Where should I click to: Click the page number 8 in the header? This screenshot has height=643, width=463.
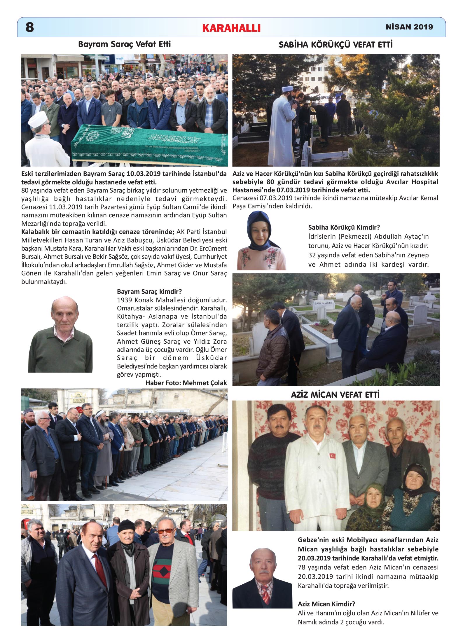click(30, 27)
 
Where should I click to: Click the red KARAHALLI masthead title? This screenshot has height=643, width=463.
click(231, 28)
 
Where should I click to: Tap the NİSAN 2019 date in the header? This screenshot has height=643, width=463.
click(409, 27)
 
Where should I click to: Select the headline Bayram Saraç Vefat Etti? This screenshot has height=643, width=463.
click(124, 44)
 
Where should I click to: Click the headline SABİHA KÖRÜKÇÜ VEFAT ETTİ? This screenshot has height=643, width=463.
click(336, 45)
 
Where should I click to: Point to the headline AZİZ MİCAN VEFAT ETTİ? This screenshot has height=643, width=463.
click(335, 395)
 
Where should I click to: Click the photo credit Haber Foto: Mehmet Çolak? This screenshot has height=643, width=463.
click(186, 383)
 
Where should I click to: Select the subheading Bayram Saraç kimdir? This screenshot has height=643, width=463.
click(149, 291)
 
